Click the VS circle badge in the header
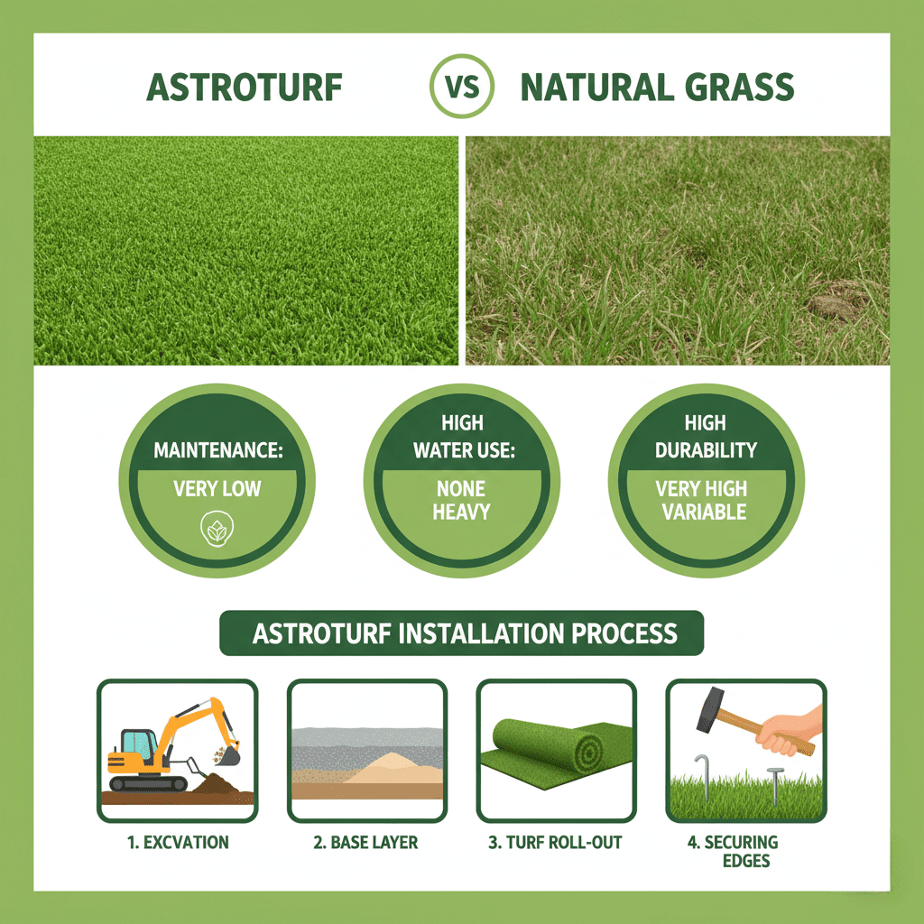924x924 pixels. point(461,86)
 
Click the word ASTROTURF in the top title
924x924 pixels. point(244,88)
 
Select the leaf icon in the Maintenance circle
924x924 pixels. point(217,529)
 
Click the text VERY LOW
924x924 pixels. point(217,488)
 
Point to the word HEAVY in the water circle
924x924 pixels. point(461,512)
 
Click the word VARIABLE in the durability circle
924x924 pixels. point(704,512)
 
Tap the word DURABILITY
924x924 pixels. point(706,450)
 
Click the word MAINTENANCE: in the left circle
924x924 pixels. point(218,450)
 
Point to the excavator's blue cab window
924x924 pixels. point(136,744)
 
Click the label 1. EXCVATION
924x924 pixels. point(178,842)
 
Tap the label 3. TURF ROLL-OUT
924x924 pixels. point(555,842)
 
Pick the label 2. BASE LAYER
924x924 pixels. point(365,842)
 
